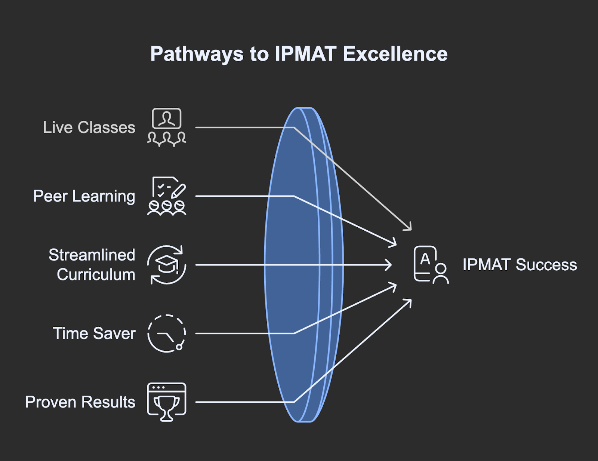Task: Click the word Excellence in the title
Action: click(x=395, y=54)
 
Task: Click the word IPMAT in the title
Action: click(x=306, y=54)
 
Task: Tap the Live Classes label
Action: click(x=89, y=127)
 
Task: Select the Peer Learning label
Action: click(x=84, y=196)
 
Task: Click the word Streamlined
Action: click(x=92, y=255)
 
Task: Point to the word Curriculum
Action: click(x=96, y=275)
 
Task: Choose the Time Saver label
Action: click(x=94, y=334)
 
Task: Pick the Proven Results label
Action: click(x=80, y=402)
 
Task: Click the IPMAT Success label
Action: click(x=520, y=265)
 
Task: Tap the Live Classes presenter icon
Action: click(x=167, y=127)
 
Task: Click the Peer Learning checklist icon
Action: click(x=167, y=196)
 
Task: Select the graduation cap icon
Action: click(x=167, y=265)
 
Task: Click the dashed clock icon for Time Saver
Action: click(x=167, y=334)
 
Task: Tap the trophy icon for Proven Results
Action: click(x=167, y=402)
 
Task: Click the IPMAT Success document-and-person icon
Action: click(x=431, y=265)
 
